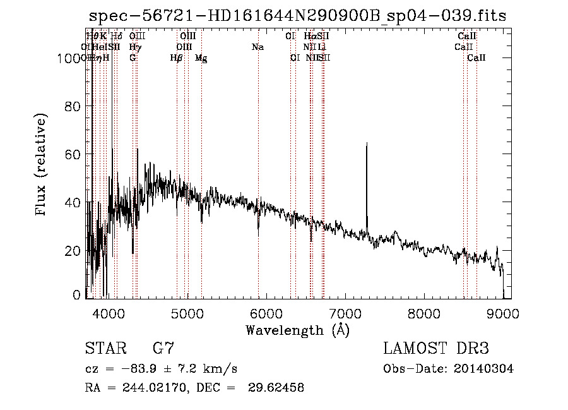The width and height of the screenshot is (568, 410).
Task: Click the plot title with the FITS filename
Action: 297,15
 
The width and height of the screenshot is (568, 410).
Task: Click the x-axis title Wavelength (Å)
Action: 297,330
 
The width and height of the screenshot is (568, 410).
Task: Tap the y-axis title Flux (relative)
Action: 42,166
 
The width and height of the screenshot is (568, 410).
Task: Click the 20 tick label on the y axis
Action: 74,251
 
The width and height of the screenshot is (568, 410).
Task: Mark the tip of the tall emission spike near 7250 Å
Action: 367,143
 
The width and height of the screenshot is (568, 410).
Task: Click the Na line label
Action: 257,47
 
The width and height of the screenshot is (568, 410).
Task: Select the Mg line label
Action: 201,58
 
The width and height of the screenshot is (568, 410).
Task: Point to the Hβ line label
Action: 177,58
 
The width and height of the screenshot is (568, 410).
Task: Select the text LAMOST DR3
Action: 436,349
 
